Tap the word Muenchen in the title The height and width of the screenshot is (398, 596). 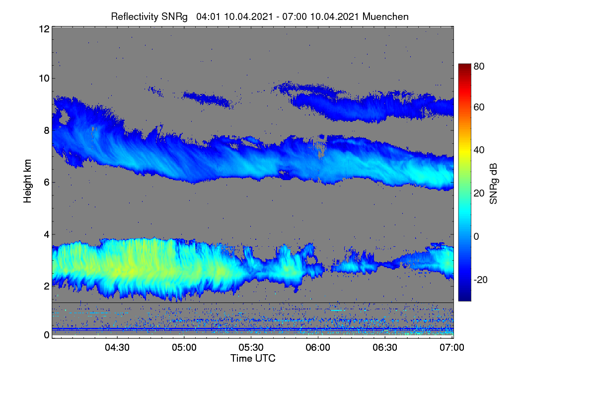385,16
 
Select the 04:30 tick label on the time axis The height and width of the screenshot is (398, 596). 117,347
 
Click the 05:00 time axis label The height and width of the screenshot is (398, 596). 184,347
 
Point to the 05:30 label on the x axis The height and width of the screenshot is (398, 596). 251,347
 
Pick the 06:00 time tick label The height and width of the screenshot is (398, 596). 318,347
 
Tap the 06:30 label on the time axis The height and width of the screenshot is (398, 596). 385,347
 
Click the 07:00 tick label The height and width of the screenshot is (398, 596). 452,347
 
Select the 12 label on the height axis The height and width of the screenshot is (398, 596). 44,29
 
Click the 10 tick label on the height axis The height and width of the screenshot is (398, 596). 44,79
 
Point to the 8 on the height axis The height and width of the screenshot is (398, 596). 47,131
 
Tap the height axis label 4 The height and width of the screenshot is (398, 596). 47,235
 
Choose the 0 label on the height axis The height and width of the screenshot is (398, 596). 47,335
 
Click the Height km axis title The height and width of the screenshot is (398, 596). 27,181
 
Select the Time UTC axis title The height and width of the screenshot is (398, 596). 253,358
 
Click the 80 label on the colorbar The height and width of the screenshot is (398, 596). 479,66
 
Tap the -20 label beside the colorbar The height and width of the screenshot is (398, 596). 481,280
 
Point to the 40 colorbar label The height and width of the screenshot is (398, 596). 479,150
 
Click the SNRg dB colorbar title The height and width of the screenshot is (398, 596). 493,184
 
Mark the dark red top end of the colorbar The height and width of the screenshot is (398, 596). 464,65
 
